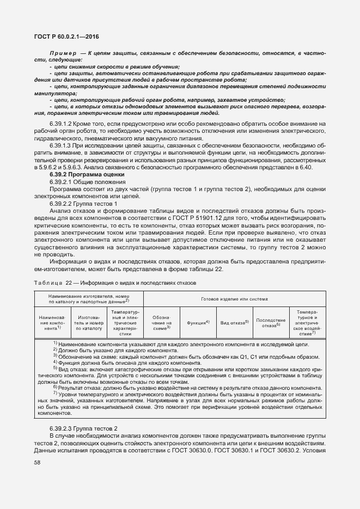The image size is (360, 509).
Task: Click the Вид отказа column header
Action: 234,323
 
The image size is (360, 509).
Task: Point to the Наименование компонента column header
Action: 52,322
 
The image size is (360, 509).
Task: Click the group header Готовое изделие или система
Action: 234,299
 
